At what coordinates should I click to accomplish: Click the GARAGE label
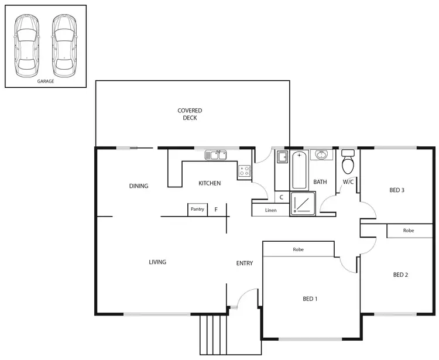click(x=45, y=81)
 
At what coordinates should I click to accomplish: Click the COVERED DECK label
click(x=190, y=114)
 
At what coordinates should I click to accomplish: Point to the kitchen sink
click(x=215, y=155)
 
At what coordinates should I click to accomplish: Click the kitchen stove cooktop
click(x=245, y=172)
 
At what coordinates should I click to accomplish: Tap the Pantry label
click(x=197, y=209)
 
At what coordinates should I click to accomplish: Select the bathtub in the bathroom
click(x=299, y=170)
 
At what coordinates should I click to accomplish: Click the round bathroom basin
click(x=320, y=155)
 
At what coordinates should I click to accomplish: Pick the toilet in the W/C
click(x=348, y=162)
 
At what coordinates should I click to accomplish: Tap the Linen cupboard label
click(x=270, y=210)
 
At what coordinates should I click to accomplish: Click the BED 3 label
click(x=397, y=190)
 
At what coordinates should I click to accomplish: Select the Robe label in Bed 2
click(x=408, y=231)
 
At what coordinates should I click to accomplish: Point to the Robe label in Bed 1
click(x=298, y=249)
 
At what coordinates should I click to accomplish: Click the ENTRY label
click(x=245, y=263)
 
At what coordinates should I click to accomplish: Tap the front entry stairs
click(x=213, y=334)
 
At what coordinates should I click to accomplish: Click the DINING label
click(x=139, y=186)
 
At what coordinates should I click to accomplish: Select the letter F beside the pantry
click(x=216, y=209)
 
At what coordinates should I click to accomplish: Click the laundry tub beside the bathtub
click(x=281, y=157)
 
